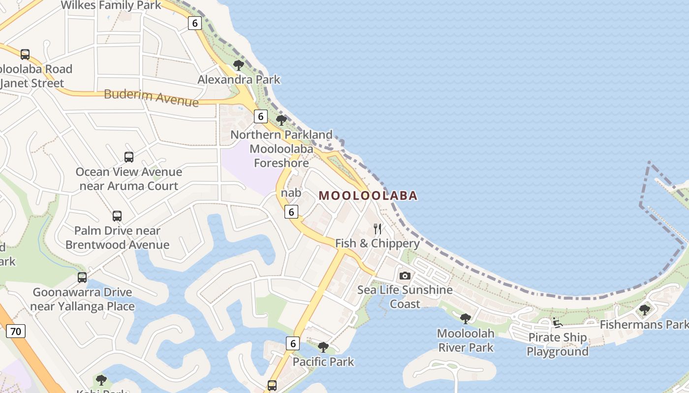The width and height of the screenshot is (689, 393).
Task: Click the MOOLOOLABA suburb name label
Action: coord(368,196)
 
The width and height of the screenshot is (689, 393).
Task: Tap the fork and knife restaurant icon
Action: coord(377,229)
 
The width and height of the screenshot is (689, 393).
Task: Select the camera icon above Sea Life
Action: coord(405,276)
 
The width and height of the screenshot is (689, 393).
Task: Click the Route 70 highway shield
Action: coord(16,332)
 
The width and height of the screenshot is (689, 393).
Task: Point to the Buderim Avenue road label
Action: coord(151,97)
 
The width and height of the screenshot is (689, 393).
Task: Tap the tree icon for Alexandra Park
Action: coord(239,65)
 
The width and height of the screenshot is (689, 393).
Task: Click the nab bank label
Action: coord(291,193)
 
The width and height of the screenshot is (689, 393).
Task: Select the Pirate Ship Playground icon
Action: coord(558,323)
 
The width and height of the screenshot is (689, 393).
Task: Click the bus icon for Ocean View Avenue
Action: coord(128,157)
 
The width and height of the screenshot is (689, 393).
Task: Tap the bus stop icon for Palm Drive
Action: coord(117,216)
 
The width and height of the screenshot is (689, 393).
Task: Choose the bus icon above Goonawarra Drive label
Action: coord(82,278)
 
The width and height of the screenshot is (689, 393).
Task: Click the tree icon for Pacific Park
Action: coord(323,347)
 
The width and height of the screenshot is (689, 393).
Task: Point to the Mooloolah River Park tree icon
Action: coord(465,319)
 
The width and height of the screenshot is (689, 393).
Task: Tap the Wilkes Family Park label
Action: coord(111,5)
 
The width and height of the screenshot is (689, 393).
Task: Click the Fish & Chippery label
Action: coord(377,244)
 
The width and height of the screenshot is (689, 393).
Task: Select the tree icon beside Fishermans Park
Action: coord(644,310)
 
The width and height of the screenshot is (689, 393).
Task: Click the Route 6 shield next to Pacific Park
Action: coord(293,343)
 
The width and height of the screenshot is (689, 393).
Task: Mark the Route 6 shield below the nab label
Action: coord(292,212)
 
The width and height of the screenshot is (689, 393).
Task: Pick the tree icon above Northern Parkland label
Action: coord(281,120)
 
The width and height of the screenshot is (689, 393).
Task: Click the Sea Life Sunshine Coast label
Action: coord(405,297)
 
